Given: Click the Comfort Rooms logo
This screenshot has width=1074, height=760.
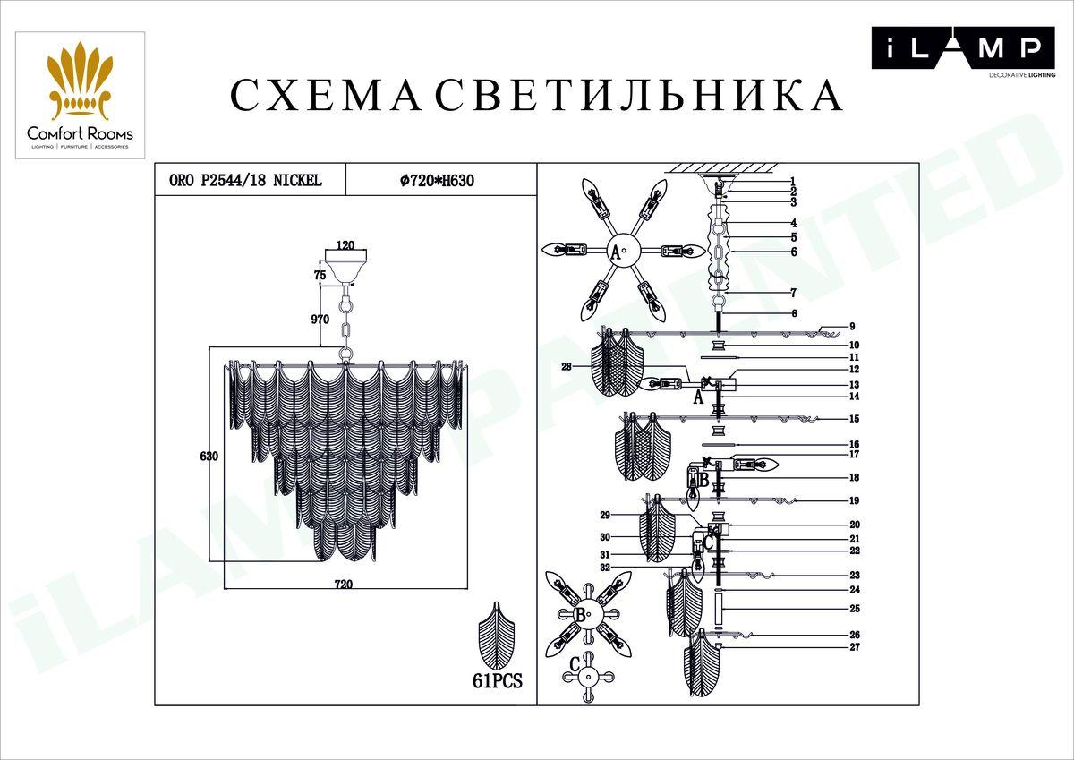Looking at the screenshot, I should (80, 95).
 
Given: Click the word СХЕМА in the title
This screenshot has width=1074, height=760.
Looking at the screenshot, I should (326, 96).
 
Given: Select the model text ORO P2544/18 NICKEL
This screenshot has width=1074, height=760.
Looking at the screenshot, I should (245, 181).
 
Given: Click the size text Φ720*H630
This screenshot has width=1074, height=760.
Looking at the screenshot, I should (436, 181).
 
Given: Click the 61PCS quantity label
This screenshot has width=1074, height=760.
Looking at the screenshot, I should (496, 681).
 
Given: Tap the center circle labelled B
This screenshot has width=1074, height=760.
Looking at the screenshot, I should (581, 616).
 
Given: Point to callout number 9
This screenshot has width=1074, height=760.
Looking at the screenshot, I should (853, 326).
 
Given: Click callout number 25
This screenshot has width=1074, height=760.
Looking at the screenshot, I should (855, 609).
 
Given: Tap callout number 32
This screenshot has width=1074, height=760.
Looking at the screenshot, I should (605, 568).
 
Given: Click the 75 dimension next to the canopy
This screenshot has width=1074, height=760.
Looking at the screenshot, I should (320, 276).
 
